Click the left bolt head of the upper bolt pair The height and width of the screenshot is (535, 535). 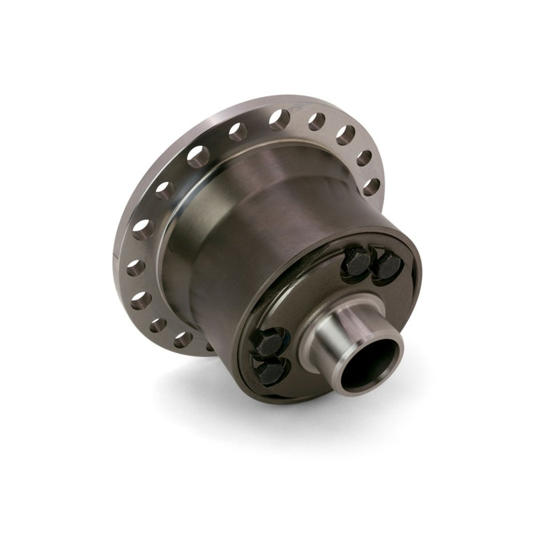point(355,261)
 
